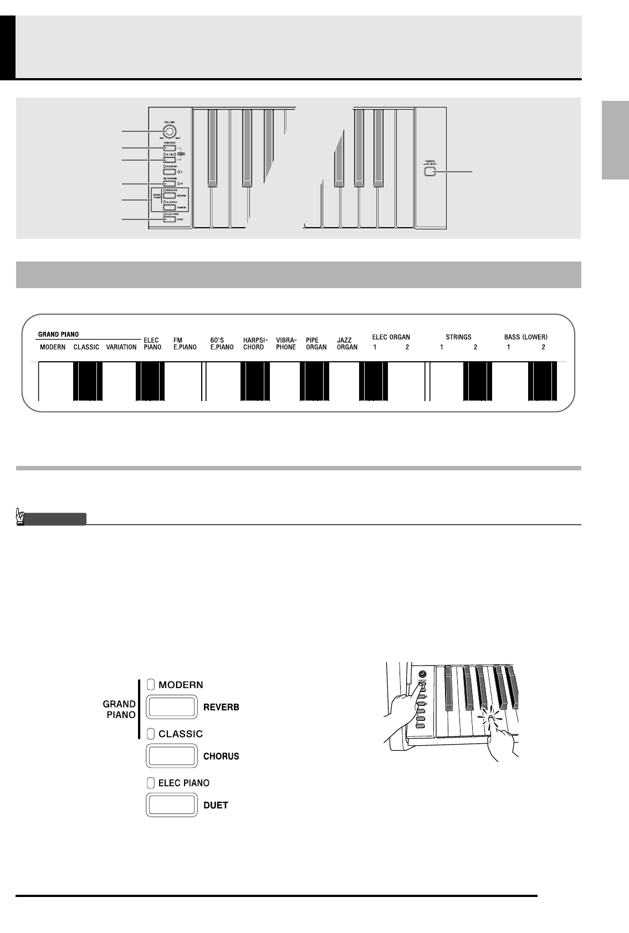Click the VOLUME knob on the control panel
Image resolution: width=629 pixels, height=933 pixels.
coord(169,131)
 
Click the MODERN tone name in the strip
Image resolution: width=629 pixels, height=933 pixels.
coord(53,347)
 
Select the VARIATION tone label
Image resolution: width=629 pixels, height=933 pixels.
coord(121,347)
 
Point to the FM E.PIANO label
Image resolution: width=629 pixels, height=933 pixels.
coord(185,344)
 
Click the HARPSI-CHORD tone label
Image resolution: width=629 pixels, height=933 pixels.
coord(254,344)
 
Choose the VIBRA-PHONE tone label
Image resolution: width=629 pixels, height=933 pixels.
coord(286,344)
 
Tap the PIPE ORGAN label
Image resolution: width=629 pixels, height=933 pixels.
coord(316,344)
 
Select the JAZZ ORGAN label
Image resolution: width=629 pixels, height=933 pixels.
coord(347,344)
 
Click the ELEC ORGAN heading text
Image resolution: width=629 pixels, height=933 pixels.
coord(391,337)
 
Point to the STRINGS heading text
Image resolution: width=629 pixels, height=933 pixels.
coord(458,337)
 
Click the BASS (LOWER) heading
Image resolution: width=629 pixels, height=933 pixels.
coord(526,337)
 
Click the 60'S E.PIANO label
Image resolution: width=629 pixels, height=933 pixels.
coord(222,344)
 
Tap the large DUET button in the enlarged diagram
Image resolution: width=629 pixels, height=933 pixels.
coord(172,804)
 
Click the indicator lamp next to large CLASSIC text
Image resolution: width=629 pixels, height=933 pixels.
coord(151,734)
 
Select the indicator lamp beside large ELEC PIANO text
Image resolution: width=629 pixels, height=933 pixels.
coord(151,783)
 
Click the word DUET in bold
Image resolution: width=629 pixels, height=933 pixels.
coord(216,805)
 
